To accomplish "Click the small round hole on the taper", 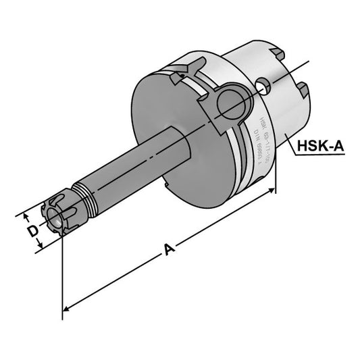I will (266, 84).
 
